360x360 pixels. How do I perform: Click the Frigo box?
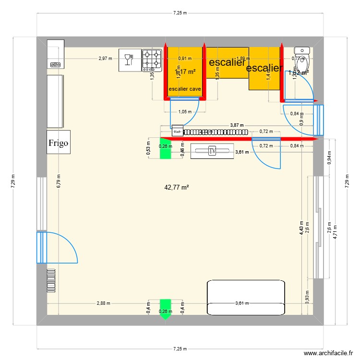[59, 142]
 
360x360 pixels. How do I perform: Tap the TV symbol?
[213, 151]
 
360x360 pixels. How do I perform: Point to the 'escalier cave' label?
[184, 89]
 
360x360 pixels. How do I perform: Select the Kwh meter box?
[177, 132]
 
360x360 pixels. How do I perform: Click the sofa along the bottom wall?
[246, 298]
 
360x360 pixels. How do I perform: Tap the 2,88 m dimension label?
[103, 303]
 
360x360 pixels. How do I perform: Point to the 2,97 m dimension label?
[105, 59]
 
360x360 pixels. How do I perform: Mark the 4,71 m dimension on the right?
[335, 232]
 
